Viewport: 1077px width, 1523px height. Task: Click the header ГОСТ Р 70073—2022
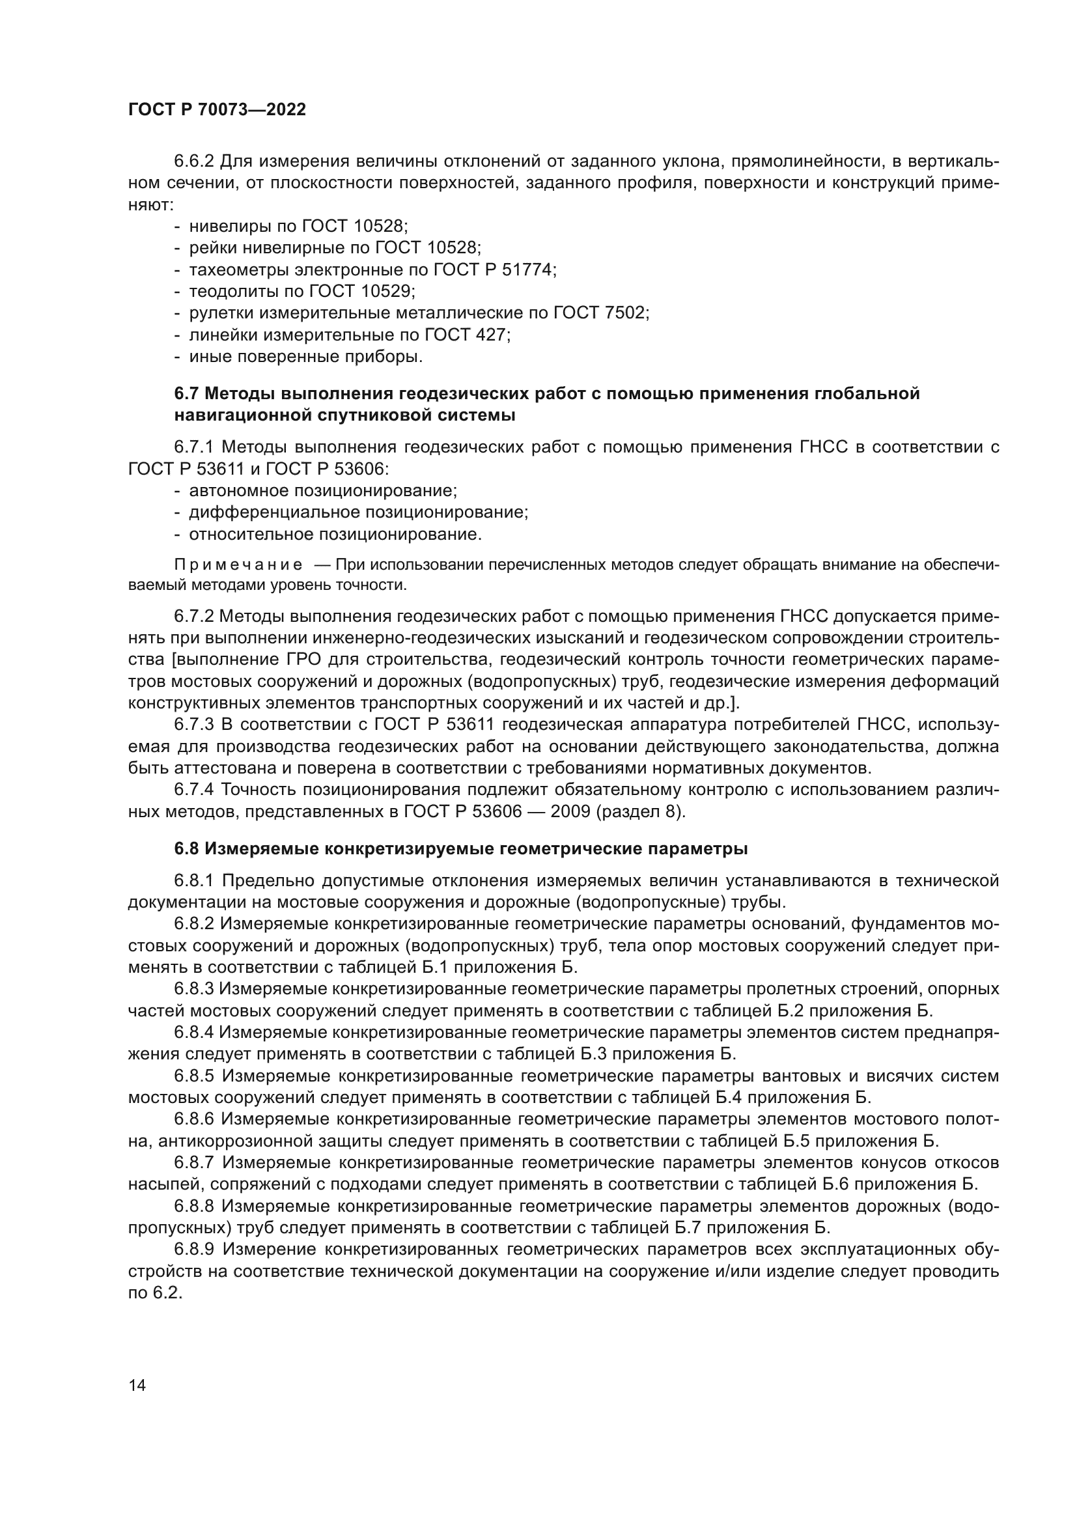coord(217,110)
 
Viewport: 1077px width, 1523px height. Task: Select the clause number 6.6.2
coord(194,162)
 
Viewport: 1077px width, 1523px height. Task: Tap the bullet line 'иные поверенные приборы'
coord(305,357)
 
